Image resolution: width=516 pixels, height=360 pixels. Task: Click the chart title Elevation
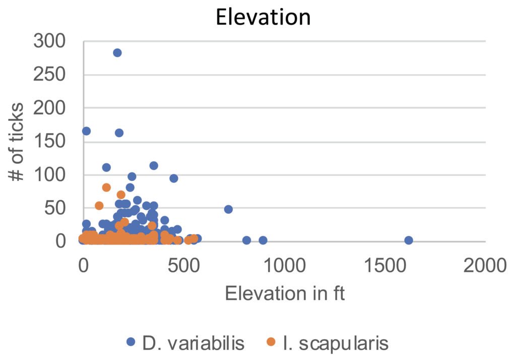point(263,17)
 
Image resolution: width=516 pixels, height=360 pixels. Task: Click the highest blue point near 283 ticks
point(117,53)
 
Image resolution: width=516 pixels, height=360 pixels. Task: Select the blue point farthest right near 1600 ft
point(409,241)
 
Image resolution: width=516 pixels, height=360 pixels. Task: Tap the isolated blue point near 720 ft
point(228,209)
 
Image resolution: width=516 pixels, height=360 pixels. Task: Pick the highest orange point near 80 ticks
point(106,188)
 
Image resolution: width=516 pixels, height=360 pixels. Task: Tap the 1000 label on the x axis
point(284,264)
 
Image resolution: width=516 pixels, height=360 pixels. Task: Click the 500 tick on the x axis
point(183,264)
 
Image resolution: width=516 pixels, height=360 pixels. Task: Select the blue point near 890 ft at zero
point(263,241)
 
